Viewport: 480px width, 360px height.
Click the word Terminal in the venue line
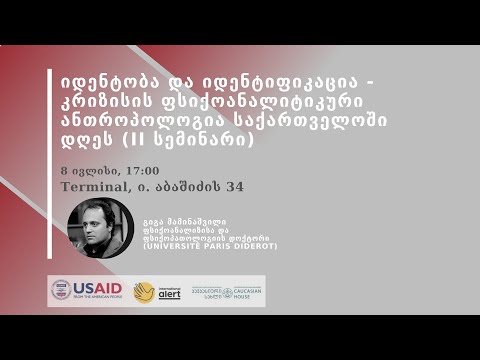click(93, 187)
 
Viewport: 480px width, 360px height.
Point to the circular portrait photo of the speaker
click(100, 229)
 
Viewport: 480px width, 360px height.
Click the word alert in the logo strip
click(170, 295)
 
